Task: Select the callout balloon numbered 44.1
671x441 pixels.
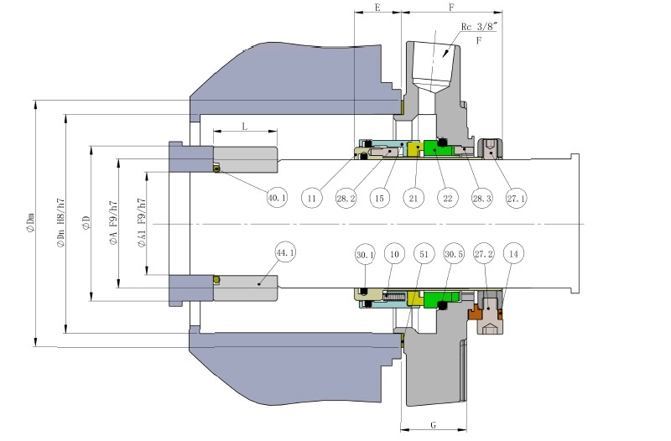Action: click(x=286, y=252)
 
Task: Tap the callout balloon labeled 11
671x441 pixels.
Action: click(x=312, y=199)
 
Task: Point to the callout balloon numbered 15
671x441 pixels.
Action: click(x=380, y=199)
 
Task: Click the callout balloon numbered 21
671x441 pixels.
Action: click(x=415, y=199)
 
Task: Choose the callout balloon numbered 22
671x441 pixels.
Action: click(x=448, y=199)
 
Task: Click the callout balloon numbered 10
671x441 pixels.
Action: click(x=394, y=253)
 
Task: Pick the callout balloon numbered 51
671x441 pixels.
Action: click(x=424, y=253)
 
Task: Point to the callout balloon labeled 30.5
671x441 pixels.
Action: click(x=454, y=253)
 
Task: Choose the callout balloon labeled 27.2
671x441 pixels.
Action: click(x=484, y=253)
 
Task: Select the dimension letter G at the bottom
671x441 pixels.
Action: click(x=433, y=426)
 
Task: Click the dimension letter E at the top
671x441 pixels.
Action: click(x=377, y=7)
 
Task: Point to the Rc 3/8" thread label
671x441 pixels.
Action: click(x=481, y=27)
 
